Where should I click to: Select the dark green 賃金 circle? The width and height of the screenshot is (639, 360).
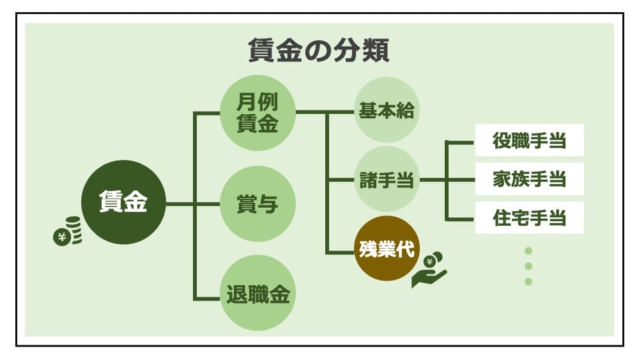pos(123,202)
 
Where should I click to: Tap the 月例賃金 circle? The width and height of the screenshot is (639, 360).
pos(258,113)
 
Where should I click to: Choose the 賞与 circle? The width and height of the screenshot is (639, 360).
pos(258,204)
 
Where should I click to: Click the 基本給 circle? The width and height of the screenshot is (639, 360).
pos(386,110)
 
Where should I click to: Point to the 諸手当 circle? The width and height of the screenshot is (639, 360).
pos(386,180)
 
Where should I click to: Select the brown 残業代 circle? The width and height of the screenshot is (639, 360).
pos(386,249)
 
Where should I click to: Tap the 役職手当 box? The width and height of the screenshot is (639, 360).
pos(529,141)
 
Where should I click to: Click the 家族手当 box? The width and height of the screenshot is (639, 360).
pos(529,179)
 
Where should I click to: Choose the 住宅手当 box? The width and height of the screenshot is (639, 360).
pos(529,218)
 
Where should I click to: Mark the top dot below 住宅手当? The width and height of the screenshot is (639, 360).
pos(528,251)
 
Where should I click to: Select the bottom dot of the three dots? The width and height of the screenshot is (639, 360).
pos(528,281)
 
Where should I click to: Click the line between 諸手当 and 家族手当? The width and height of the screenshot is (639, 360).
pos(447,180)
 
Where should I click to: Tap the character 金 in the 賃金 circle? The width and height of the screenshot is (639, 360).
pos(135,202)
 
